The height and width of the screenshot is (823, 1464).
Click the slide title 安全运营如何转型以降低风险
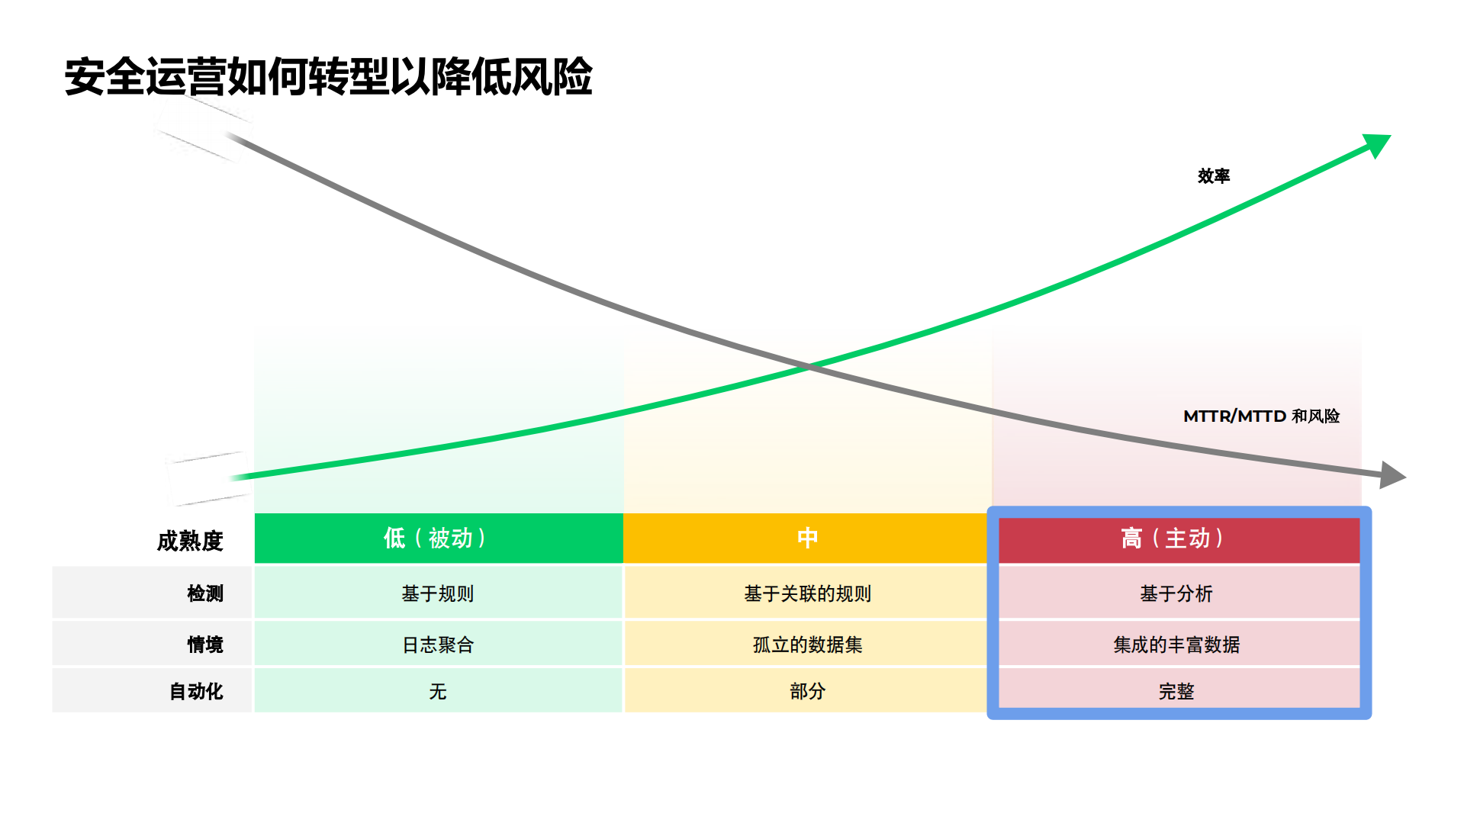point(328,77)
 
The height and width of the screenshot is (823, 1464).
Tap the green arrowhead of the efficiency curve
point(1378,143)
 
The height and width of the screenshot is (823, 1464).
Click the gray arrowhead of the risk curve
point(1393,474)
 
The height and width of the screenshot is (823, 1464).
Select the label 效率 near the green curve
point(1213,176)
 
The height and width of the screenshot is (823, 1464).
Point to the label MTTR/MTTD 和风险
point(1261,416)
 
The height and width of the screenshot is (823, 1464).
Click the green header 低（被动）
point(438,538)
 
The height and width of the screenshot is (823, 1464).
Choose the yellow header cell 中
point(807,538)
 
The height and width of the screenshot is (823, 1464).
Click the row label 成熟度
point(190,541)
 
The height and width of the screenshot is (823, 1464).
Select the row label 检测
point(205,593)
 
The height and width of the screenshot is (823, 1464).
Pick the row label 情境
point(205,645)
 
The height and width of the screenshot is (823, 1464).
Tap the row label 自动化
point(196,691)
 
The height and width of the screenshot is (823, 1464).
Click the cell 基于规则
point(438,593)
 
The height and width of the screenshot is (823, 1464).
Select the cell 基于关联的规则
point(807,593)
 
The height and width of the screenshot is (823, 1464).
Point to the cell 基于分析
point(1176,593)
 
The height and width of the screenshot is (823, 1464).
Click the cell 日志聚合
point(438,645)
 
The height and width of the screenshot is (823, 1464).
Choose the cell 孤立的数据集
point(807,645)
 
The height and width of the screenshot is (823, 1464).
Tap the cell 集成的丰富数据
point(1176,645)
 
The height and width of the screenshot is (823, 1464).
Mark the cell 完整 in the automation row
point(1176,691)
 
